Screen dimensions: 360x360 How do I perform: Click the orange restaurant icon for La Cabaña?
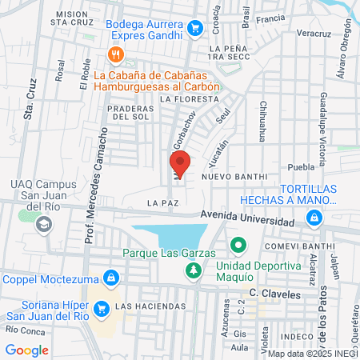point(115,54)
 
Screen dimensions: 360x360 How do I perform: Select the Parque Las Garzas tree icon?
point(192,272)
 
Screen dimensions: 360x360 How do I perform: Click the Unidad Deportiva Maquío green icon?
point(237,245)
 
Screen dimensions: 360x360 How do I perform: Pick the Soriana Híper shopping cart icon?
point(101,307)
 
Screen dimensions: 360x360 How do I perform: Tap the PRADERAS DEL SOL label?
point(132,112)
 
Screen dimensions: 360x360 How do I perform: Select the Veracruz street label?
point(312,35)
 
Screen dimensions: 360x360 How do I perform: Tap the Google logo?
point(26,350)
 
